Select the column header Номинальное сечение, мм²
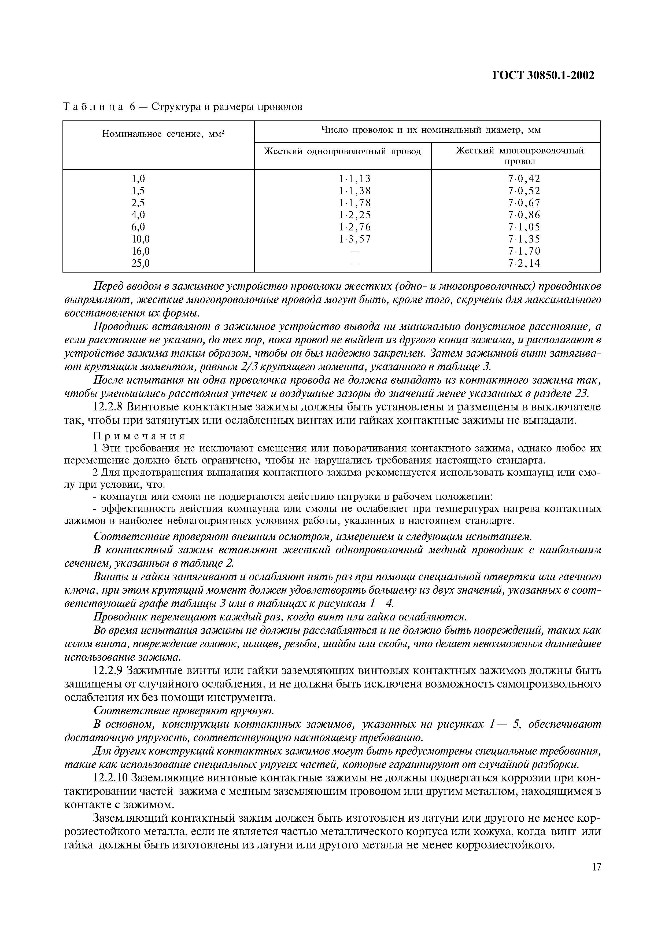163,134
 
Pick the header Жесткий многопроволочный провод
520,156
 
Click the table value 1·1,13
354,179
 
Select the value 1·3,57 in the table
354,239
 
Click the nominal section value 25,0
141,263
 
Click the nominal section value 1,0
138,179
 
